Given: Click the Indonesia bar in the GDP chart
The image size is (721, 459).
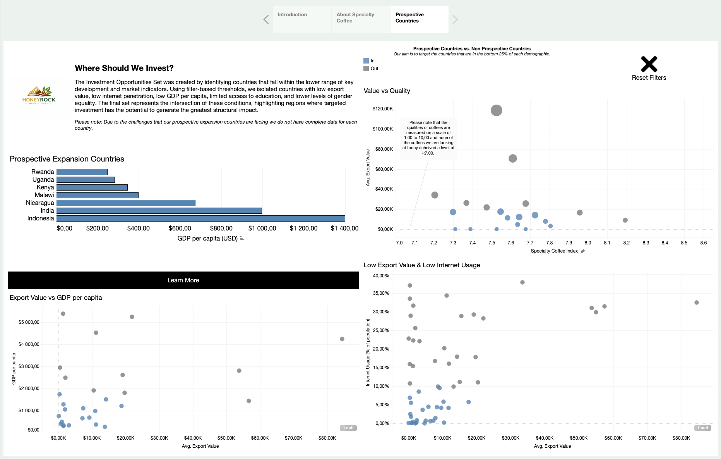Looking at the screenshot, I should click(x=200, y=218).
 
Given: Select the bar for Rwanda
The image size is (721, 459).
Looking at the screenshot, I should click(x=82, y=172).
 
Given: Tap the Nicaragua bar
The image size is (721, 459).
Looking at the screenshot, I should click(x=126, y=203).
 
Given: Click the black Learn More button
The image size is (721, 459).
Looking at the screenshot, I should click(x=183, y=280).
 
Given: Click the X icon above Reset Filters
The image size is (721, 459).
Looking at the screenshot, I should click(x=649, y=64).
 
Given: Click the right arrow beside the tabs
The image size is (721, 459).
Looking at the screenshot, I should click(x=455, y=19).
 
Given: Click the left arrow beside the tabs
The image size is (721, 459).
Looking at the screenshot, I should click(x=266, y=19).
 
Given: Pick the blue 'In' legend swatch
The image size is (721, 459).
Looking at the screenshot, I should click(x=366, y=61).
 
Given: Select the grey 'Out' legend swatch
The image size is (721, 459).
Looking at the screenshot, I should click(x=366, y=69).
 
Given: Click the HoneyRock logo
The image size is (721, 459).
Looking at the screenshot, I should click(x=39, y=95).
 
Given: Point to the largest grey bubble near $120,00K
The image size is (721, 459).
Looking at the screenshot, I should click(x=497, y=110).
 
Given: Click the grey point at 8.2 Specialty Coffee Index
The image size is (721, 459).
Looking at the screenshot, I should click(x=625, y=220).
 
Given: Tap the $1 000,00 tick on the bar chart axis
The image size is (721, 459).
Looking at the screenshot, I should click(x=262, y=229).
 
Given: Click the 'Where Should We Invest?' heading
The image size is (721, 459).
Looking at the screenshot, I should click(x=124, y=68).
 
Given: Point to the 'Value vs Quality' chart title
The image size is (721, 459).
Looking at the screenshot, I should click(x=387, y=91).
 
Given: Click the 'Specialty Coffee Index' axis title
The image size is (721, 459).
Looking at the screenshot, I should click(x=554, y=251).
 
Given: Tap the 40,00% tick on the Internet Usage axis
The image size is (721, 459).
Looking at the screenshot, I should click(x=381, y=276).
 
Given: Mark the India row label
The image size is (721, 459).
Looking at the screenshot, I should click(x=47, y=211).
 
